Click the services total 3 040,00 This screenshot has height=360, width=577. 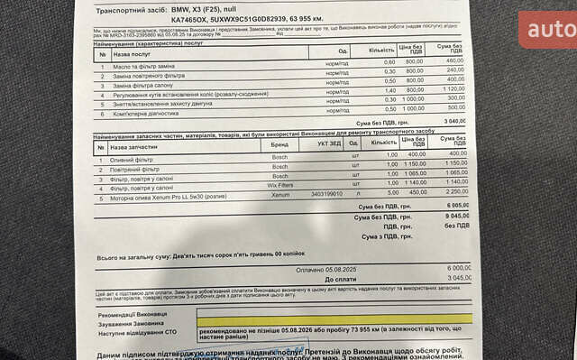point(453,121)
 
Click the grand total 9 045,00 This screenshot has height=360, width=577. point(454,217)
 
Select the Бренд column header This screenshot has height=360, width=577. point(280,143)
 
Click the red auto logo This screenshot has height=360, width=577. point(547,29)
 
